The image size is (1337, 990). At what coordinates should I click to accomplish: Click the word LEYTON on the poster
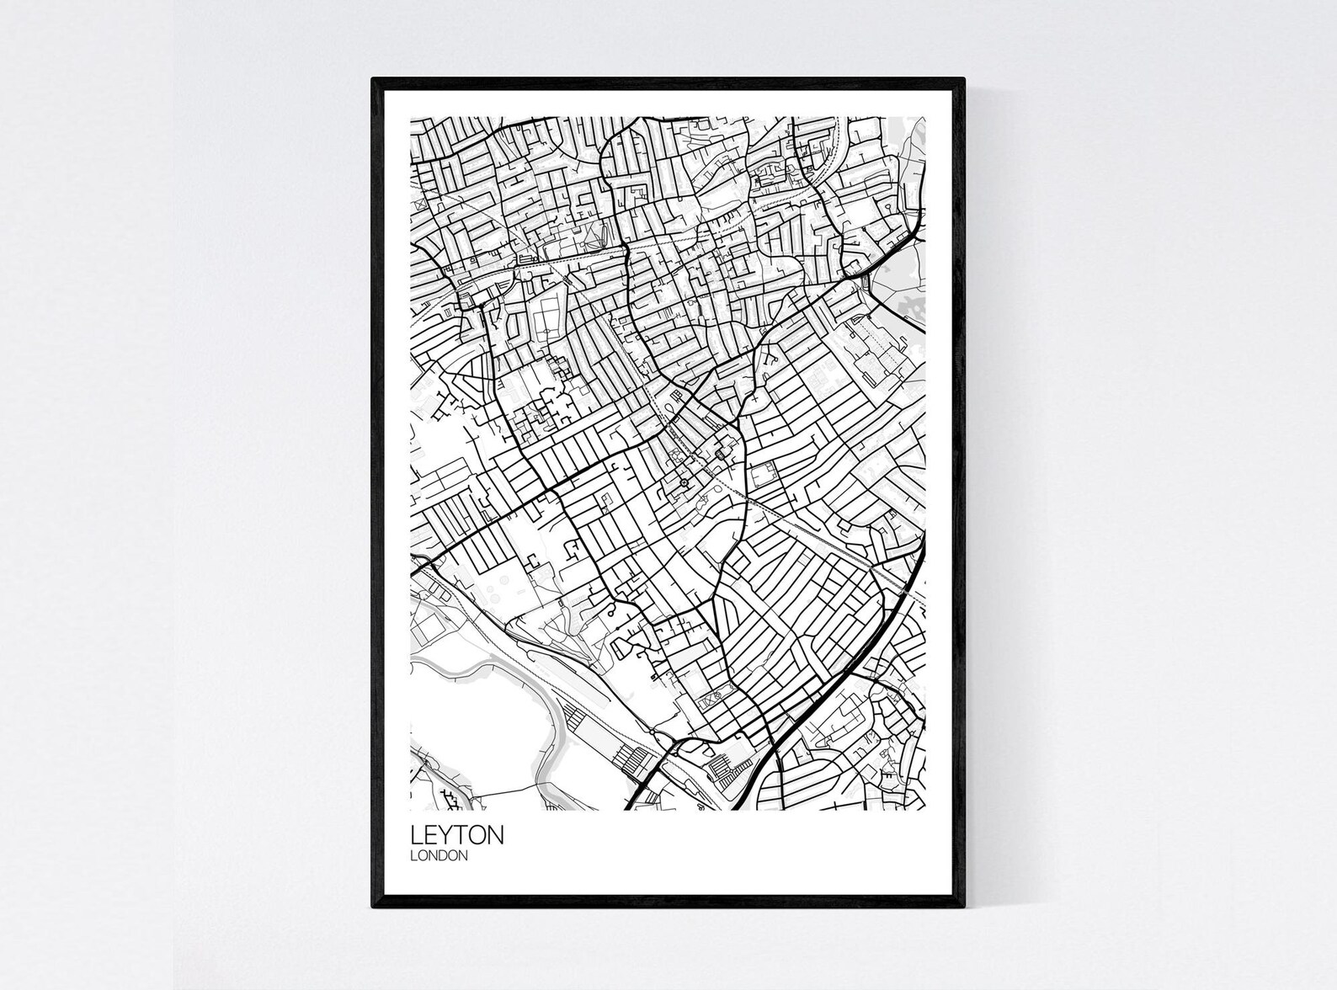click(457, 835)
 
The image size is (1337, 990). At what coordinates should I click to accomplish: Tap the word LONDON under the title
click(439, 856)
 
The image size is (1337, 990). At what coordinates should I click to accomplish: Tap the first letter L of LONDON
click(413, 856)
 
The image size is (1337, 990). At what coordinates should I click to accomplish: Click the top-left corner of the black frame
click(374, 79)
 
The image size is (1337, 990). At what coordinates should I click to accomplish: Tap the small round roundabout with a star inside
click(684, 482)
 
